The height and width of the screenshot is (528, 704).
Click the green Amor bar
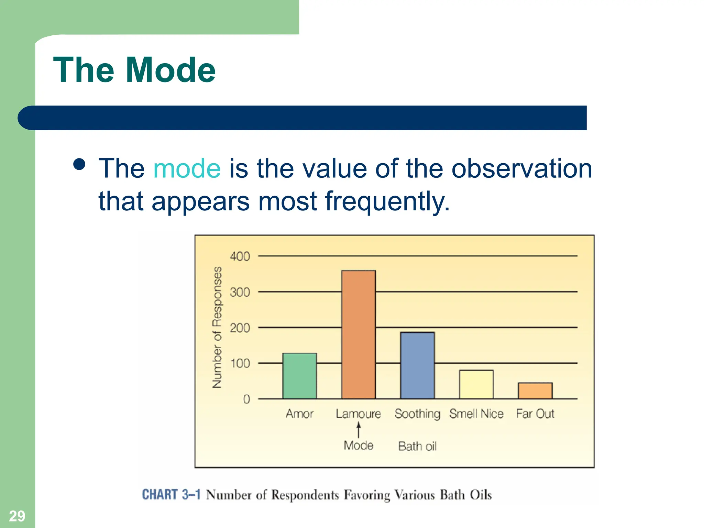coord(299,376)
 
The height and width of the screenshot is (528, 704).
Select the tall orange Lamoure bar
coord(358,334)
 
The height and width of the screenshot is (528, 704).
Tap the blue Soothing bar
coord(417,365)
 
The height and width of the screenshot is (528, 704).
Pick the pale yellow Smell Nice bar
coord(476,384)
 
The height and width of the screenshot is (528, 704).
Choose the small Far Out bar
coord(535,390)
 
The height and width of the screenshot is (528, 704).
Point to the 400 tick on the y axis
coord(240,256)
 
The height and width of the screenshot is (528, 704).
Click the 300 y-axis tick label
coord(240,292)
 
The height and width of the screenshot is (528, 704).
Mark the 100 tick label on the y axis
coord(240,363)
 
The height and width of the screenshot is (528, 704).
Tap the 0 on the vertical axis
coord(246,399)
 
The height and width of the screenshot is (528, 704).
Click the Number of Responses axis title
coord(217,327)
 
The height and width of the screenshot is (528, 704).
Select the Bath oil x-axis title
coord(417,446)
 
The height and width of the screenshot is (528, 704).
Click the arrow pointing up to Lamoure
coord(359,430)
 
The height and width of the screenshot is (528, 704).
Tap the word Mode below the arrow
coord(359,445)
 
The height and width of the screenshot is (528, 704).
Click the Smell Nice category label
coord(476,414)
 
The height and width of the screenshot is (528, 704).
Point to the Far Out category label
coord(535,414)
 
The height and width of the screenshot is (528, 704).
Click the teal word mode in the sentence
coord(187,168)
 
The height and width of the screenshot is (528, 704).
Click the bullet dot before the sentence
coord(79,164)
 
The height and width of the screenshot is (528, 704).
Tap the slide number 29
coord(17,516)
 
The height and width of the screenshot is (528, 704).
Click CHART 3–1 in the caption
coord(171,494)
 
